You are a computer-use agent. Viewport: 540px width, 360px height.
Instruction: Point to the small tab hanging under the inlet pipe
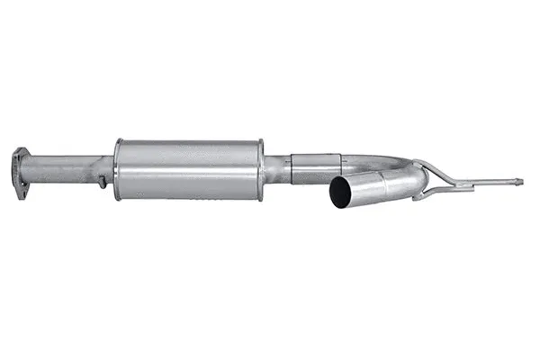tap(103, 184)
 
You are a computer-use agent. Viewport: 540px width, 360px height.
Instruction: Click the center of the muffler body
tap(189, 169)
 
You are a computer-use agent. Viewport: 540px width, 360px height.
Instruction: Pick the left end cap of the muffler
tap(118, 169)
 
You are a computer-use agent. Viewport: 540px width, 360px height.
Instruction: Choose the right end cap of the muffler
tap(260, 169)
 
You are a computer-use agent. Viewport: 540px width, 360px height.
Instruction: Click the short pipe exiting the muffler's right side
tap(275, 168)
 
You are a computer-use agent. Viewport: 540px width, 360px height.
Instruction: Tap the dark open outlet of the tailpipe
tap(340, 193)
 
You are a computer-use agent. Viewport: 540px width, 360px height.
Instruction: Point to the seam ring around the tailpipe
tap(384, 184)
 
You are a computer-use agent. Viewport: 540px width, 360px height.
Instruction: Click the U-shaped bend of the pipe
tap(409, 175)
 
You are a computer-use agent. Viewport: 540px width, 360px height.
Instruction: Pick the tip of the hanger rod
tap(519, 182)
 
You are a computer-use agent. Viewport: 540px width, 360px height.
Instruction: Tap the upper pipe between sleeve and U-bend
tap(364, 162)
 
